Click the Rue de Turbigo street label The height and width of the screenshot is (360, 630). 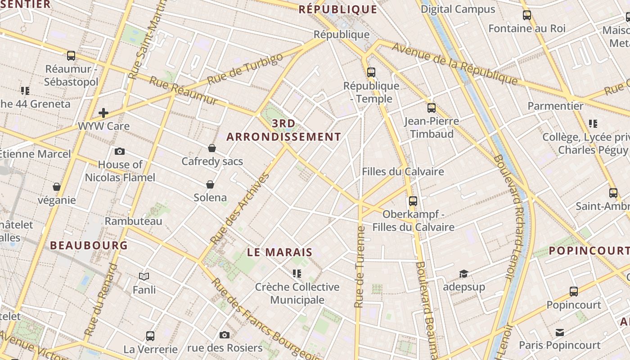coord(245,68)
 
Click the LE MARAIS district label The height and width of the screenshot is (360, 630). coord(279,252)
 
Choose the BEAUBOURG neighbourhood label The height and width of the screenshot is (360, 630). coord(89,246)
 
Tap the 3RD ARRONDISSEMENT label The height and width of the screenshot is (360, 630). coord(284,130)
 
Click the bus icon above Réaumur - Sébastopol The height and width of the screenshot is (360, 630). coord(71,56)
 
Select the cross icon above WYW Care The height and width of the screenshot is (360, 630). coord(103,112)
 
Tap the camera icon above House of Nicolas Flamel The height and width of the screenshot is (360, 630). coord(120,151)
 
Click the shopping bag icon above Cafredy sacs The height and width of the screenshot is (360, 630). coord(212,148)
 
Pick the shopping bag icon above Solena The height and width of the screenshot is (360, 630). coord(210,184)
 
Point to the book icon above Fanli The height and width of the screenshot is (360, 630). coord(144,276)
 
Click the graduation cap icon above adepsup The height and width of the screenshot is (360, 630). coord(463,274)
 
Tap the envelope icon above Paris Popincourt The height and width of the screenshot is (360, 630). coord(559,332)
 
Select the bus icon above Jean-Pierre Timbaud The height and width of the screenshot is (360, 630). coord(431,108)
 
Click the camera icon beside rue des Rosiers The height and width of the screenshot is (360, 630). coord(224,335)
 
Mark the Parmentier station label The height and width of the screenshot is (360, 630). coord(555,106)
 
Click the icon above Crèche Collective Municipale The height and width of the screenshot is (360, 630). coord(297,273)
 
